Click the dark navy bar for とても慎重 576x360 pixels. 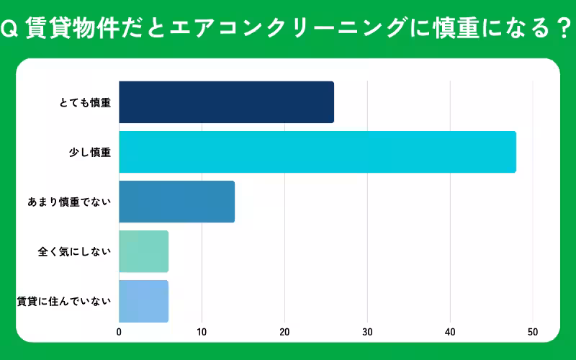pos(226,102)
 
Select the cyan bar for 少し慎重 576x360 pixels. pos(317,152)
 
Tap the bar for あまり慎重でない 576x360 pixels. pos(176,202)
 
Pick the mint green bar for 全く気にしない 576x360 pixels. pos(143,251)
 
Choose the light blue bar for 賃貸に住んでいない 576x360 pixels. pos(143,301)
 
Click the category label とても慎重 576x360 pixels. pos(85,103)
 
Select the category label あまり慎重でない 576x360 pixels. pos(69,202)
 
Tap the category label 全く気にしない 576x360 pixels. pos(74,252)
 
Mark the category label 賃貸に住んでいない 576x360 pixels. pos(64,301)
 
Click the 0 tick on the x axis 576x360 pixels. pos(119,332)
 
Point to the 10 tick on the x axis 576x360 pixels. pos(202,332)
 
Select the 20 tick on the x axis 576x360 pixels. pos(284,332)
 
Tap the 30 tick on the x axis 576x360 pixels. pos(367,332)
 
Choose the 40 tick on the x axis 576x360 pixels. pos(450,332)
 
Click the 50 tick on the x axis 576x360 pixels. pos(533,332)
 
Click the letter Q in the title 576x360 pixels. pos(9,30)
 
